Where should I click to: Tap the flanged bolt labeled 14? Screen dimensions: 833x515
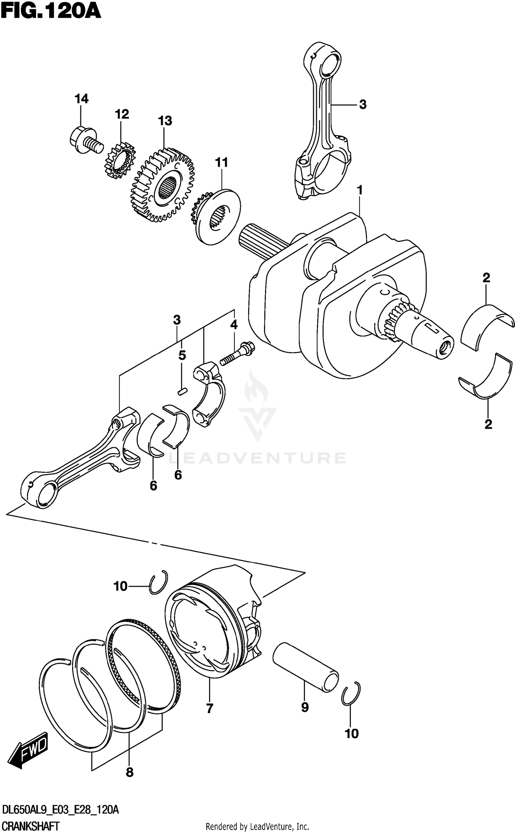coord(84,140)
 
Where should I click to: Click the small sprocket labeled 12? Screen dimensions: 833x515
coord(120,161)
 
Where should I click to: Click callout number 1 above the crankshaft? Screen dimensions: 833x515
coord(360,190)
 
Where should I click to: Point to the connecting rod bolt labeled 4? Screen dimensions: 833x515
coord(237,354)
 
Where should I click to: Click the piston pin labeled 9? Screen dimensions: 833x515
coord(305,667)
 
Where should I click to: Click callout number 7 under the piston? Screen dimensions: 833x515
coord(210,708)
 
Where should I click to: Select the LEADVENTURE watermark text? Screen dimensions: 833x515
coord(257,459)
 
